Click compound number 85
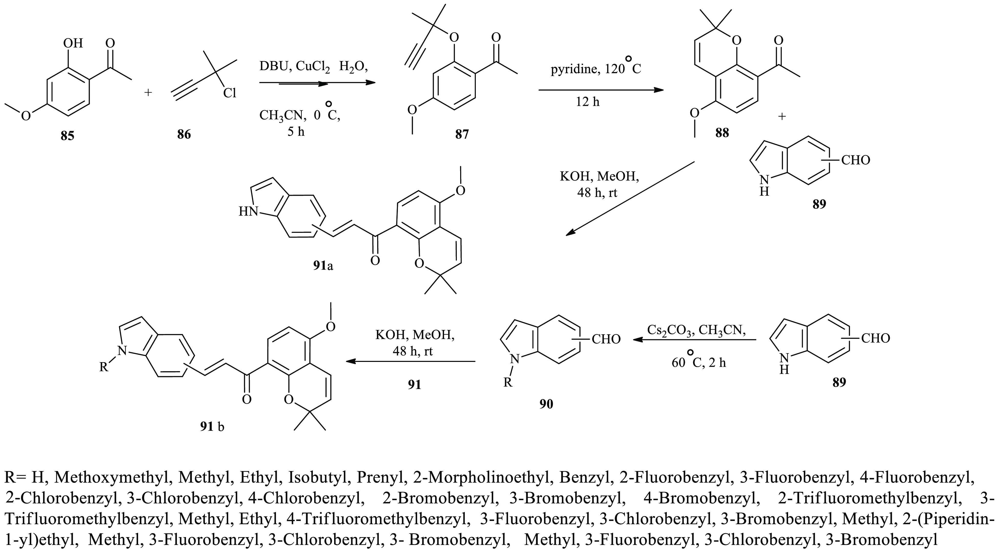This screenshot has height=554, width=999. click(x=67, y=136)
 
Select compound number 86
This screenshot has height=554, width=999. click(x=184, y=134)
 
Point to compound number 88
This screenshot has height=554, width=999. click(x=722, y=133)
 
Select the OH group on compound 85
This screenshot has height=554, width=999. click(x=73, y=43)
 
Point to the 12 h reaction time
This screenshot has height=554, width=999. click(x=588, y=102)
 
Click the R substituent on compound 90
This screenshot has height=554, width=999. click(x=508, y=383)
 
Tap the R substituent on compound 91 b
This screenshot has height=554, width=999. click(x=104, y=367)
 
